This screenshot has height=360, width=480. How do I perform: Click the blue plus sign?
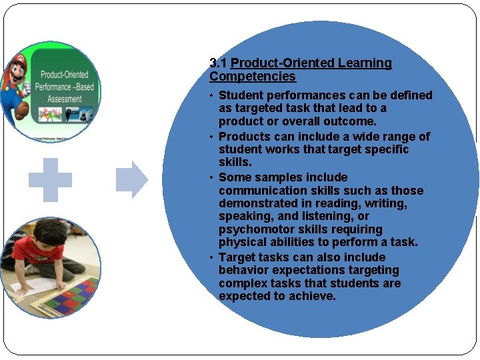click(50, 179)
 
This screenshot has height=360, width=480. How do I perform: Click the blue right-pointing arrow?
click(132, 179)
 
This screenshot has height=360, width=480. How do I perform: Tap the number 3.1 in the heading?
click(218, 63)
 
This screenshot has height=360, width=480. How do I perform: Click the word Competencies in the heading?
click(253, 77)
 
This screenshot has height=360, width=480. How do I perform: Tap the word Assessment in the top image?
click(64, 99)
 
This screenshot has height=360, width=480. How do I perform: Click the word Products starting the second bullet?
click(245, 137)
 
